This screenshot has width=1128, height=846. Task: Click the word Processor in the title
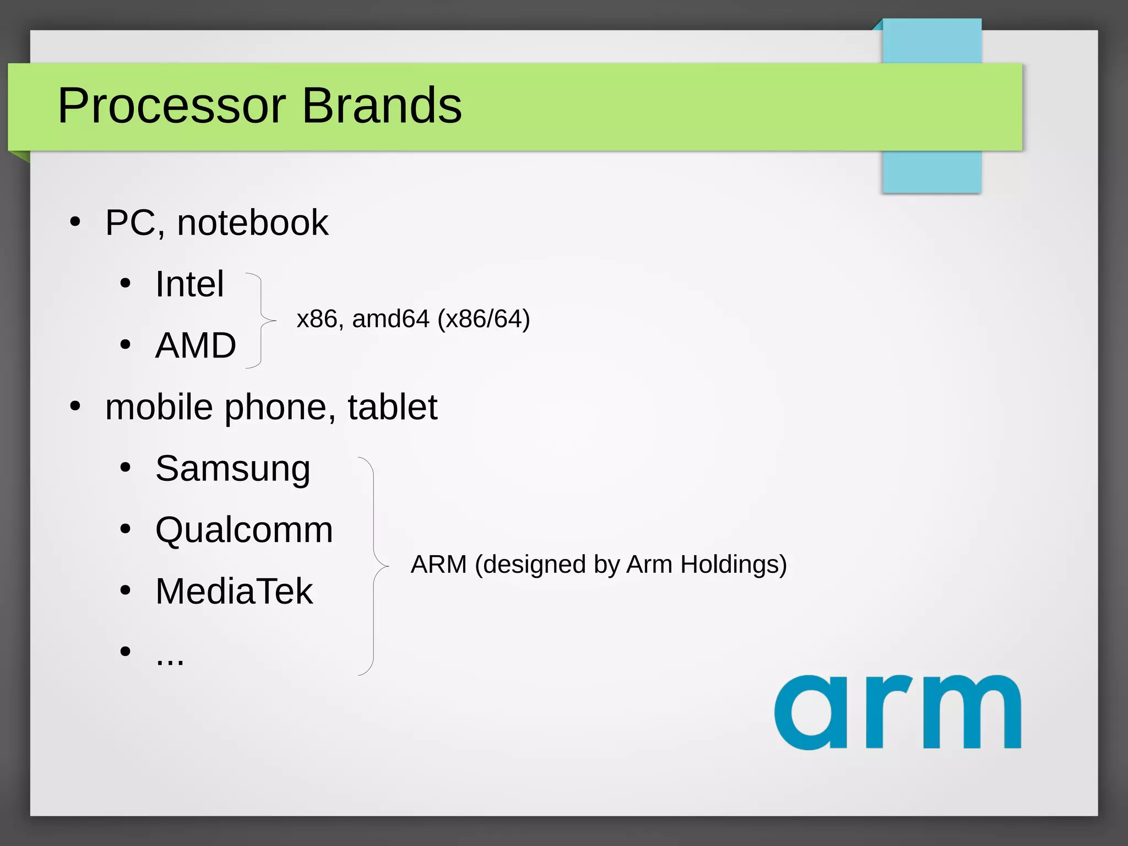point(171,106)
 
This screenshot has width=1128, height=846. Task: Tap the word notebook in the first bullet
point(252,223)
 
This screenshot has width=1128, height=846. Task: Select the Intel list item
point(189,284)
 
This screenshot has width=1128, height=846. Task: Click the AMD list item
point(196,346)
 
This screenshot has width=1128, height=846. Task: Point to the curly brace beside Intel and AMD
point(261,320)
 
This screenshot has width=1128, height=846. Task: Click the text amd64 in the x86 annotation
point(391,319)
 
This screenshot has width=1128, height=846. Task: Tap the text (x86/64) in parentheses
point(483,319)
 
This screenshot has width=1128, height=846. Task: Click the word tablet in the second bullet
point(392,408)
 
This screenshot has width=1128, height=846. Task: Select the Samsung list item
point(232,469)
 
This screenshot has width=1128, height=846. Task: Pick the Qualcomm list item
point(244,530)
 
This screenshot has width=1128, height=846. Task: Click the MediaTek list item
point(234,592)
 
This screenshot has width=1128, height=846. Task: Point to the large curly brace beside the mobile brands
point(374,566)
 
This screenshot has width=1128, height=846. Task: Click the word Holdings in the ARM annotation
point(733,565)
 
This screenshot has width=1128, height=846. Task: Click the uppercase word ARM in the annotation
point(438,565)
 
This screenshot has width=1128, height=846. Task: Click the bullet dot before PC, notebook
point(75,223)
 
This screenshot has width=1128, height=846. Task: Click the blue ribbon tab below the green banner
point(931,171)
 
